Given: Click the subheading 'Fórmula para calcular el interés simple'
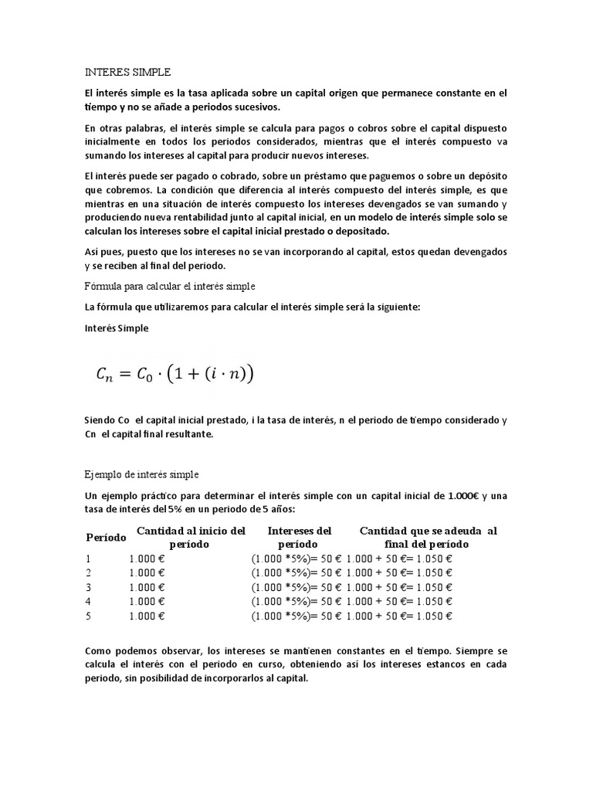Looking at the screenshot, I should coord(169,286).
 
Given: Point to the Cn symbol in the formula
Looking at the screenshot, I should coord(104,375).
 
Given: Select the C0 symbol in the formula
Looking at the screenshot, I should coord(148,375).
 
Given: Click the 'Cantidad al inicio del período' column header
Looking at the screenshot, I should coord(191,537).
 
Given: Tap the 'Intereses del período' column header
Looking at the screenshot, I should coord(299,537).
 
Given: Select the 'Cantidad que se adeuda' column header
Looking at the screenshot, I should coord(428,537).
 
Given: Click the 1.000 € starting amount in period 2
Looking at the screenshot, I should coord(147,572).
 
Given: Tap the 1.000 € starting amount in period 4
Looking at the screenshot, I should coord(147,602).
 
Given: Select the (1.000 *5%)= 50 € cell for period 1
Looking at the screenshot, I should coord(296,558).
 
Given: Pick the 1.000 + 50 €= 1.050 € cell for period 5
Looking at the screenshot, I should coord(399,616).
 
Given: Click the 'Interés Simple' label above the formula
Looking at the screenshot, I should coord(117,328).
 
